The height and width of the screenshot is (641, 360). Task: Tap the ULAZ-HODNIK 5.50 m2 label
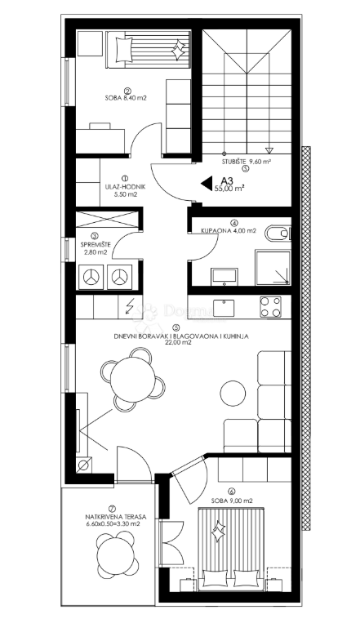pos(125,190)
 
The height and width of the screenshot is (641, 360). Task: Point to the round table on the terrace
pos(115,559)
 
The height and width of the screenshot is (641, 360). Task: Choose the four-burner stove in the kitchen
pos(271,308)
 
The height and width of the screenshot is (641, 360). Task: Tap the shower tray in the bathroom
pos(272,269)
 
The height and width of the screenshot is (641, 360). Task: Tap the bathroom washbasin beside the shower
pos(222,276)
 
